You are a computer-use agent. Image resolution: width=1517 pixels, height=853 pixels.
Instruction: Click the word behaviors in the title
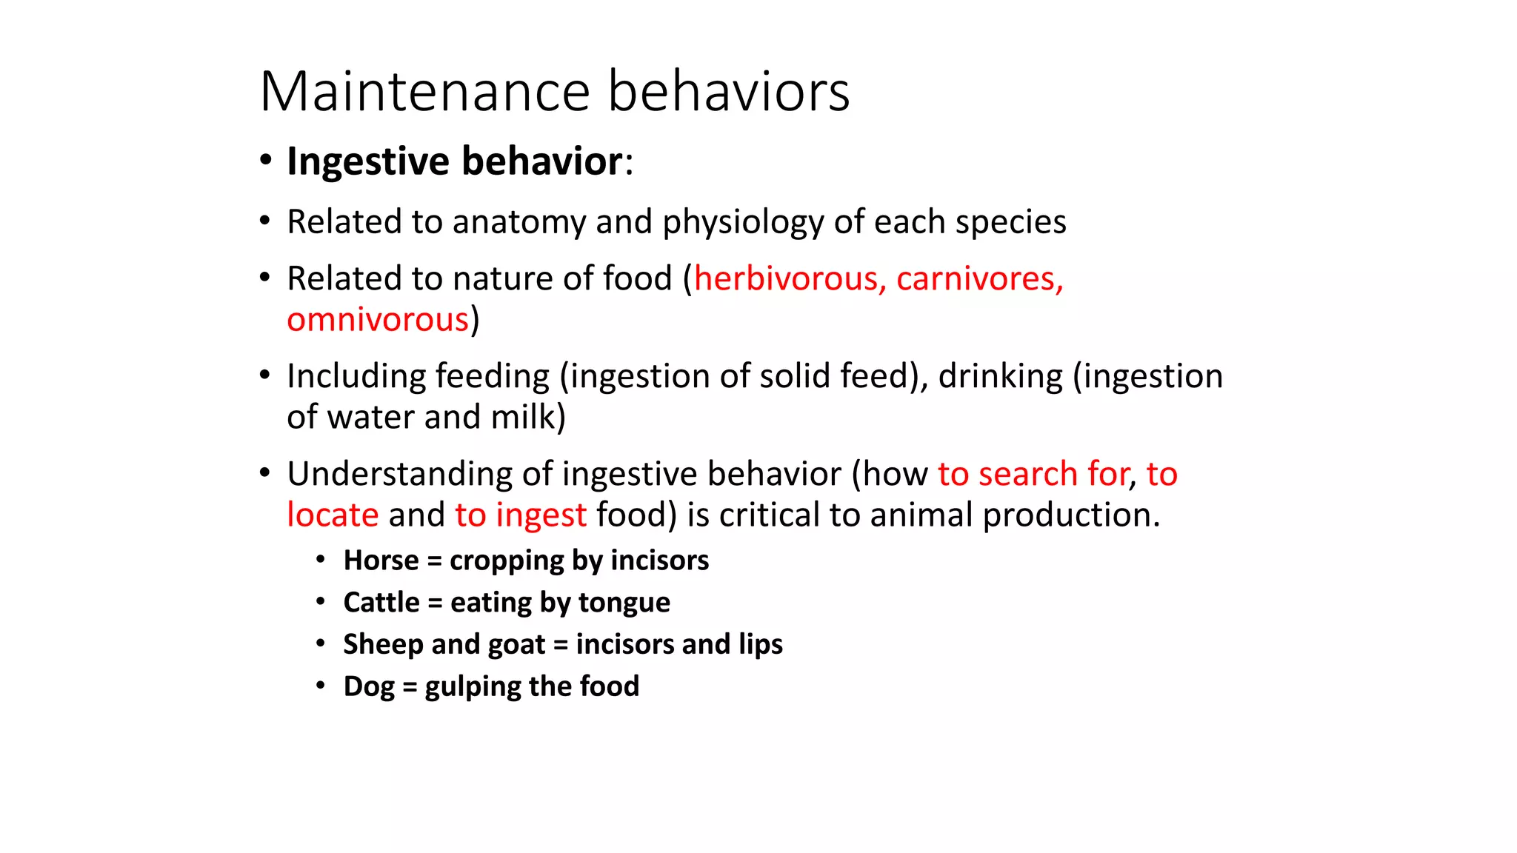coord(729,92)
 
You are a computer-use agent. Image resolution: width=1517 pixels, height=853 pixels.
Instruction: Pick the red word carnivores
coord(979,279)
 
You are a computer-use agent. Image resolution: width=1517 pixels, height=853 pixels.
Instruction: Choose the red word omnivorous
coord(378,320)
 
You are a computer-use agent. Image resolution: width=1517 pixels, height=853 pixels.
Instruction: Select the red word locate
coord(333,515)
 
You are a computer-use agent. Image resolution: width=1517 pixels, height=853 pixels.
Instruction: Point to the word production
coord(1071,515)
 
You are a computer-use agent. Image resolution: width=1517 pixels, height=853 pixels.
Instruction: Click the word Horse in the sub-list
coord(381,561)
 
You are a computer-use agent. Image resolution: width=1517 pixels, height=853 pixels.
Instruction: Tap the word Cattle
coord(381,603)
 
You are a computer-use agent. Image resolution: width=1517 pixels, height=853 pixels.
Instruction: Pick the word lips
coord(760,645)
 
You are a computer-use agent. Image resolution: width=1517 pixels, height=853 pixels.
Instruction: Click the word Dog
coord(369,687)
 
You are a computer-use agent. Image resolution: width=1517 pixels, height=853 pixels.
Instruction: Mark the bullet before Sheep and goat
coord(321,643)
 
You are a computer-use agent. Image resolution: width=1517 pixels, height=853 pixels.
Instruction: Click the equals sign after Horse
coord(434,561)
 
